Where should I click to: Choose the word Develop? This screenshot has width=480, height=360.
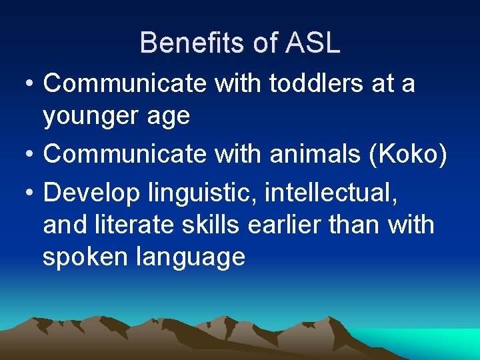click(91, 193)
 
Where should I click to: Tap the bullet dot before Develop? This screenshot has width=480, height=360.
click(27, 193)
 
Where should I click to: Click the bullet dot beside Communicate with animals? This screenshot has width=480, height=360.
click(27, 154)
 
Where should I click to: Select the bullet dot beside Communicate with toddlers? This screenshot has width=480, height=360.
click(27, 84)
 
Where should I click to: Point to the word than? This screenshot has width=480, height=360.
click(354, 225)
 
